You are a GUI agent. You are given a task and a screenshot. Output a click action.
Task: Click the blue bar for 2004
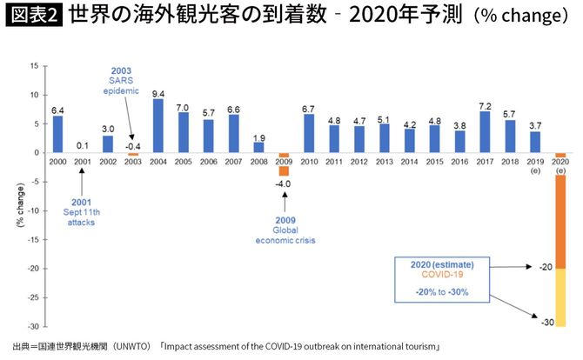tap(158, 125)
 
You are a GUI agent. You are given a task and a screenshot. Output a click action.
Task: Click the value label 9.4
tap(158, 93)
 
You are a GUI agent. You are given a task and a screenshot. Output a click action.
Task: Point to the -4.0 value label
tap(283, 183)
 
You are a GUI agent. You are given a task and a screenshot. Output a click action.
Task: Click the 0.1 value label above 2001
tap(83, 145)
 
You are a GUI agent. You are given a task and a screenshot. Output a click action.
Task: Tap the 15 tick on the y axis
tap(33, 65)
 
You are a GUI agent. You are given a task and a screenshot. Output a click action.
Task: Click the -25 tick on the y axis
tap(31, 297)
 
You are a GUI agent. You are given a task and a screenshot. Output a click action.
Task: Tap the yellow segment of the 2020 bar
tap(560, 297)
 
